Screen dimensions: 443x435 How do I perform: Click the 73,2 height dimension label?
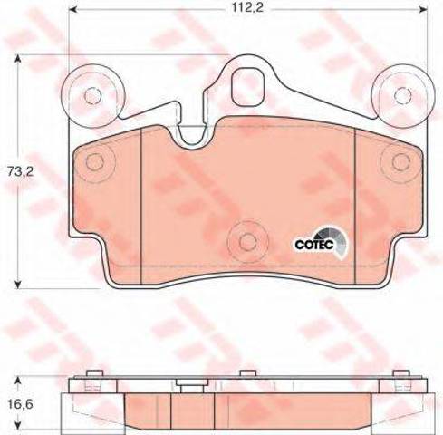coord(20,172)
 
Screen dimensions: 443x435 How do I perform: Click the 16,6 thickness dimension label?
coord(20,404)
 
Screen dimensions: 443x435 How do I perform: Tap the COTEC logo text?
coord(314,244)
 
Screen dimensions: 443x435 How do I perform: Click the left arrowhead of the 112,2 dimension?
coord(72,9)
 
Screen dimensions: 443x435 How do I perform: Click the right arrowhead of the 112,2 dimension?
coord(424,9)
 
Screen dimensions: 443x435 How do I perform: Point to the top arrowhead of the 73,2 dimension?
coord(18,58)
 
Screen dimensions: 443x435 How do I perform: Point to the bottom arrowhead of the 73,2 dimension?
coord(18,285)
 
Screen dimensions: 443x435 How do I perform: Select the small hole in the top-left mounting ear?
coord(92,96)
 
